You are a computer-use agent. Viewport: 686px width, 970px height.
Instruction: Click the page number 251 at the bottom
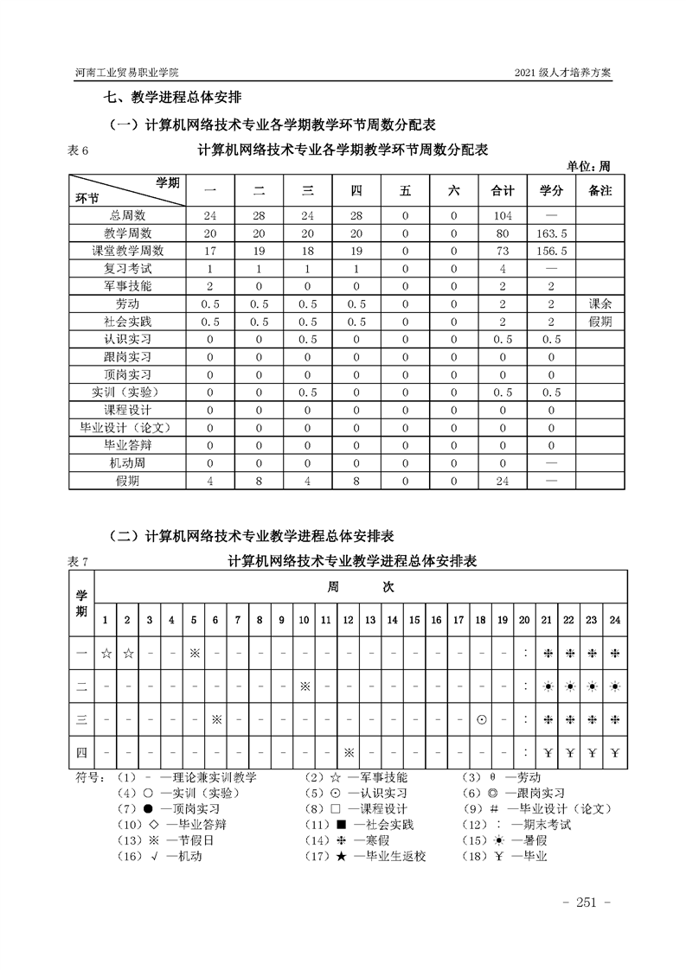pyautogui.click(x=587, y=903)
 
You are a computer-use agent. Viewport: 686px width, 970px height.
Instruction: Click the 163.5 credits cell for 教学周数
pyautogui.click(x=551, y=233)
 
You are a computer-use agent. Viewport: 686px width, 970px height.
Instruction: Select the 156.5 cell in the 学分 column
pyautogui.click(x=551, y=251)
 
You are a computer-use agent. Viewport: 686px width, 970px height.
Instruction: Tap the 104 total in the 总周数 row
pyautogui.click(x=503, y=215)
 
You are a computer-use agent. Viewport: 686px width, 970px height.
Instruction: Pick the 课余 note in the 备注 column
pyautogui.click(x=599, y=303)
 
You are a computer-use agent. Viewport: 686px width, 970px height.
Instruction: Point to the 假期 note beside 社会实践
pyautogui.click(x=599, y=322)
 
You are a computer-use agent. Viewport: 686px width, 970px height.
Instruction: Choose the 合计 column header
pyautogui.click(x=503, y=191)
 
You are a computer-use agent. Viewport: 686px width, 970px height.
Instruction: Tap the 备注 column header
pyautogui.click(x=599, y=191)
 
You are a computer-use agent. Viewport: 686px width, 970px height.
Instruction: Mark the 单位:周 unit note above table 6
pyautogui.click(x=588, y=166)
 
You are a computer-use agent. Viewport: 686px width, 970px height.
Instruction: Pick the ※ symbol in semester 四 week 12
pyautogui.click(x=349, y=751)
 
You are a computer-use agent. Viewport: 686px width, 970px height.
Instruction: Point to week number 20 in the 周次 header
pyautogui.click(x=524, y=620)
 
